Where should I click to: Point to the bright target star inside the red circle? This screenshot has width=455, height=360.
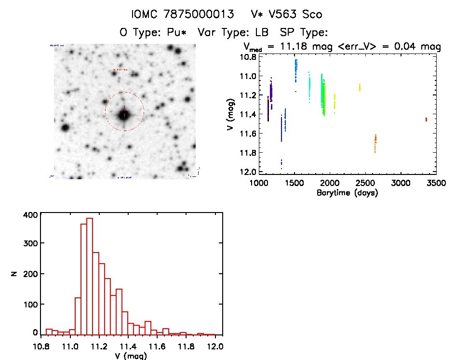[124, 115]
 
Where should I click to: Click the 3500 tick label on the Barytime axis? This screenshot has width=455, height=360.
[435, 184]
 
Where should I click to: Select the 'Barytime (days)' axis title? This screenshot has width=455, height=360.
[347, 193]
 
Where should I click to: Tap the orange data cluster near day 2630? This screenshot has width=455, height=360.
[375, 143]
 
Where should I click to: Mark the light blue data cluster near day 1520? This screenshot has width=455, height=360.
[295, 70]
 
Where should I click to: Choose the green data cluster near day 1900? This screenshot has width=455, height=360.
[323, 96]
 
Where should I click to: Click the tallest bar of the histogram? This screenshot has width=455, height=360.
[89, 275]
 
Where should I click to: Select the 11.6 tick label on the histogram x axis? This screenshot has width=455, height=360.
[157, 346]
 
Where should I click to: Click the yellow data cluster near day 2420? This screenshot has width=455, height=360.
[360, 87]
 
